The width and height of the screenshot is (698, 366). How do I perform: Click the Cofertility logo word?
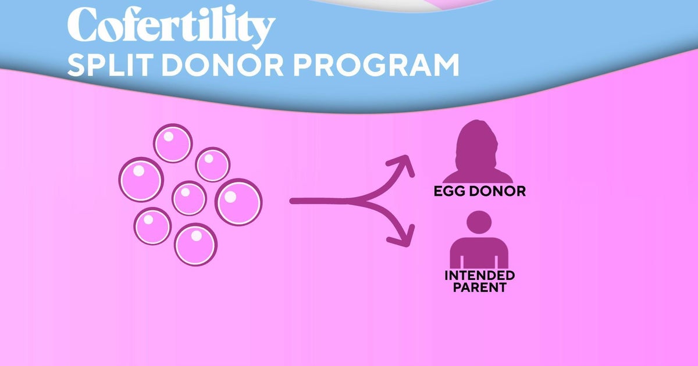(170, 26)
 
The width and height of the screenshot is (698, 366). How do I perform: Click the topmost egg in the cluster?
(173, 143)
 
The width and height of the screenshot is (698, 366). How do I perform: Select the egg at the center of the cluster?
(189, 198)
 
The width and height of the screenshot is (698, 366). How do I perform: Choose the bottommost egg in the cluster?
(195, 244)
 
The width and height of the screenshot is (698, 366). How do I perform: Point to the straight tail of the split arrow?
(320, 202)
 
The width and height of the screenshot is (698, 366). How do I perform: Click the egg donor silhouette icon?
(478, 153)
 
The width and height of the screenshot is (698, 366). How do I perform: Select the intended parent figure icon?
(479, 244)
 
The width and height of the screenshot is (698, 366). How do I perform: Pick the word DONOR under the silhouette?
(499, 191)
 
